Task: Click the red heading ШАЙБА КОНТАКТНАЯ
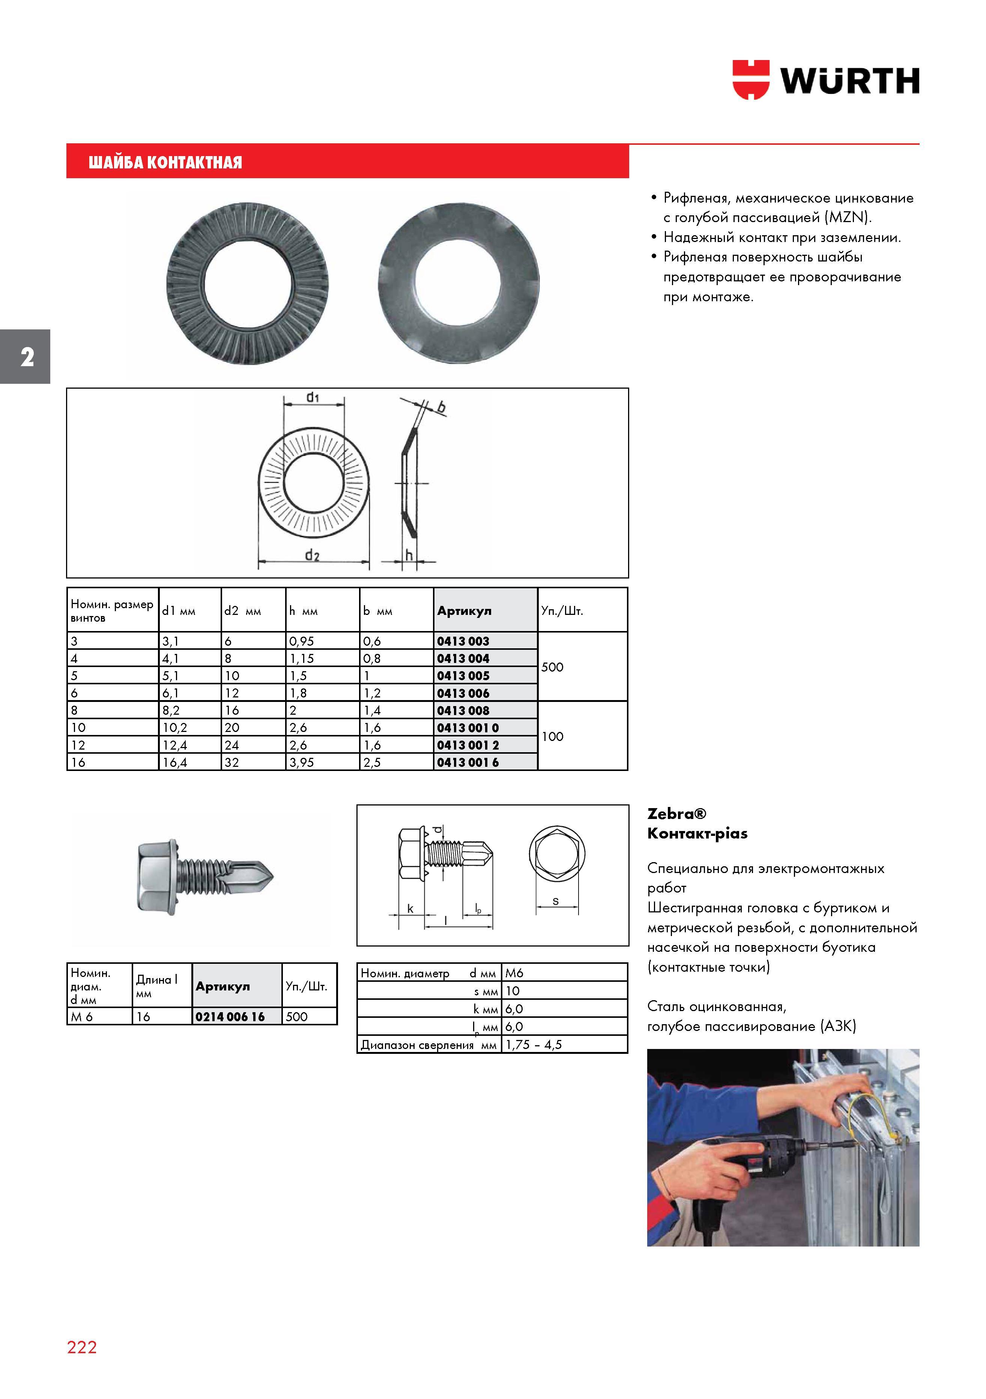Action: click(x=165, y=162)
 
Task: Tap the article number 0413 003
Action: click(x=463, y=641)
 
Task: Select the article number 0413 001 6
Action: click(x=467, y=762)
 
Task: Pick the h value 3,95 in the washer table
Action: click(x=302, y=762)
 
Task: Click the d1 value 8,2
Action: click(x=171, y=711)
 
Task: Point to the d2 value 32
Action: click(x=231, y=762)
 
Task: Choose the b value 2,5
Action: click(x=372, y=762)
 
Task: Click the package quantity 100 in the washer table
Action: click(x=552, y=736)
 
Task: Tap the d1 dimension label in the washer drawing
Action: click(x=313, y=397)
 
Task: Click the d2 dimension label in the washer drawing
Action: click(x=312, y=555)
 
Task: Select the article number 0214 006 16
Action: click(x=230, y=1016)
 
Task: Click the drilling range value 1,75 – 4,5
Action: click(x=533, y=1044)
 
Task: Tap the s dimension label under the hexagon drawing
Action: click(x=555, y=900)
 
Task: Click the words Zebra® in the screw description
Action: click(x=676, y=813)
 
